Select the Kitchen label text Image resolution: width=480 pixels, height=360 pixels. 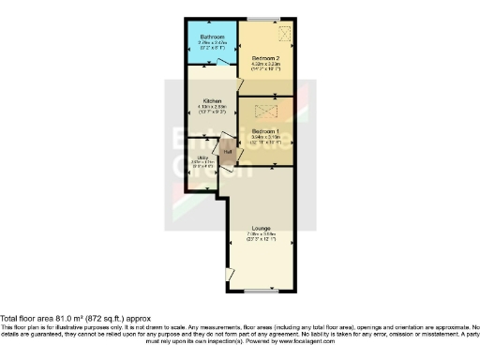pos(210,100)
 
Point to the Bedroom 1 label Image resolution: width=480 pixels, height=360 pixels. pos(267,130)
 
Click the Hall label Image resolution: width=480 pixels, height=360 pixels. pos(227,150)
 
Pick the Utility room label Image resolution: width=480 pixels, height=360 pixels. pos(200,158)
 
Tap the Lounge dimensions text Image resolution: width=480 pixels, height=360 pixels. pos(261,237)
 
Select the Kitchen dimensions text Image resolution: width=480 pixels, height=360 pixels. pos(210,108)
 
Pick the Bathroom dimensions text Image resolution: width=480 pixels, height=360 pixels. pos(211,43)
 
